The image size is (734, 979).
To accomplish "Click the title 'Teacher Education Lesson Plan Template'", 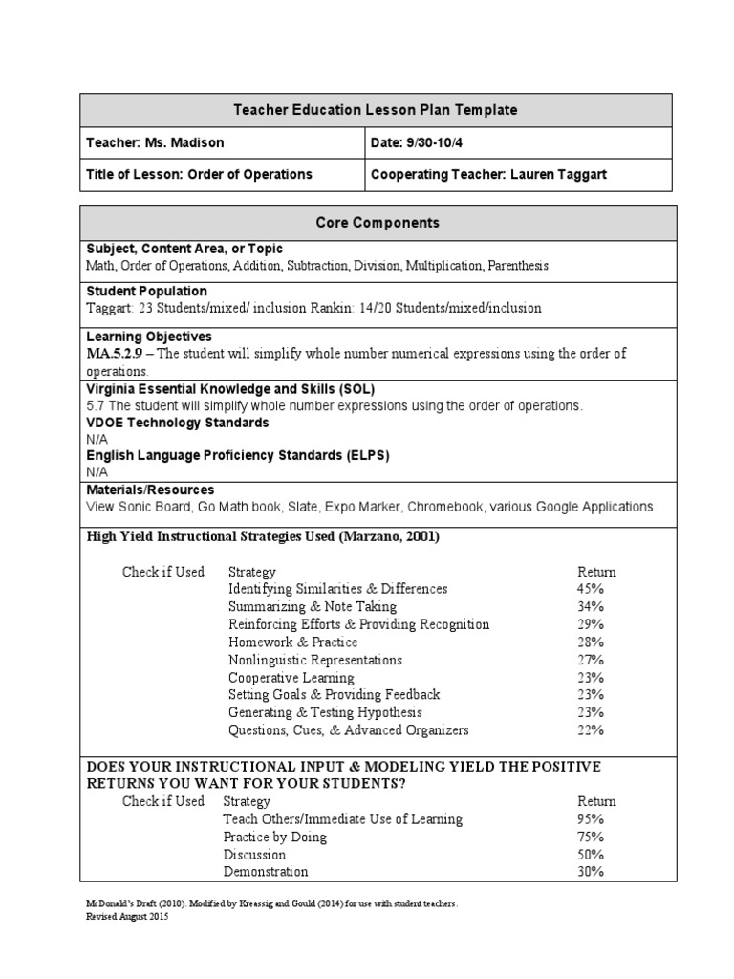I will pyautogui.click(x=376, y=110).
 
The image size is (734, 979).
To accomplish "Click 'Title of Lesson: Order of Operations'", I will pyautogui.click(x=199, y=174).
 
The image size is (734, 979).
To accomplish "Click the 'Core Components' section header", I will pyautogui.click(x=377, y=222).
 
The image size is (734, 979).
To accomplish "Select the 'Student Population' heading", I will pyautogui.click(x=146, y=291).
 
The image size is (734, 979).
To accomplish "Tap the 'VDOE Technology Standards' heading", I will pyautogui.click(x=177, y=423).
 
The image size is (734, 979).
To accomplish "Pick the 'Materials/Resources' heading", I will pyautogui.click(x=150, y=489).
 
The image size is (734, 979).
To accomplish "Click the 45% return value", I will pyautogui.click(x=590, y=589).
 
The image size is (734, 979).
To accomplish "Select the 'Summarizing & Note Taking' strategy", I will pyautogui.click(x=312, y=606).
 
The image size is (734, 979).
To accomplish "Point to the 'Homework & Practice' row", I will pyautogui.click(x=292, y=642).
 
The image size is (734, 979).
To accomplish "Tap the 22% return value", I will pyautogui.click(x=590, y=729).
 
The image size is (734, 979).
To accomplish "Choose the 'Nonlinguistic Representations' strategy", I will pyautogui.click(x=315, y=660).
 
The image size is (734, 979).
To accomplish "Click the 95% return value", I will pyautogui.click(x=590, y=818).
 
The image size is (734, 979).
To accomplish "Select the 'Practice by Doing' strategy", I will pyautogui.click(x=274, y=837).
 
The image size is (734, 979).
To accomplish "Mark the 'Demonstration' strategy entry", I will pyautogui.click(x=266, y=871).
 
